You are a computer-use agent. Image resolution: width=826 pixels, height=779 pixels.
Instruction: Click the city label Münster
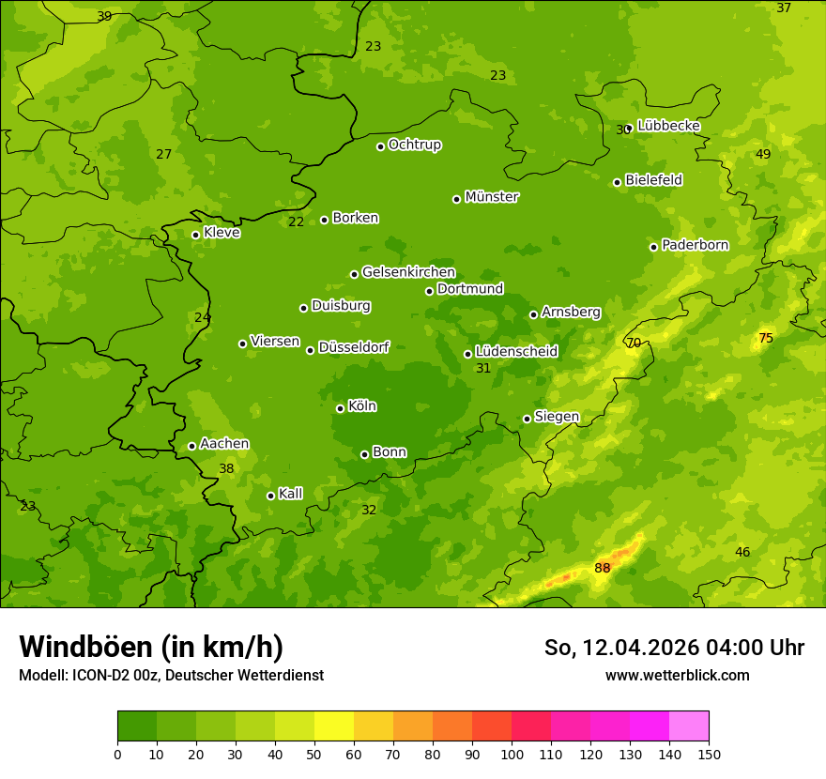(492, 197)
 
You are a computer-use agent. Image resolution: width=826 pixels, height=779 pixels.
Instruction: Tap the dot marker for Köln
(340, 408)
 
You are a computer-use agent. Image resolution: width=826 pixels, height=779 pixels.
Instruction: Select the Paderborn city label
(695, 245)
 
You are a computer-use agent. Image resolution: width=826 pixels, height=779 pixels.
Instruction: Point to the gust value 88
(603, 568)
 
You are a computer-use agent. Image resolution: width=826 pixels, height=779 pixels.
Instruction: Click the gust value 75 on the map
(766, 338)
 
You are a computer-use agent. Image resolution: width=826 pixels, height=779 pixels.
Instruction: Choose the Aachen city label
(224, 444)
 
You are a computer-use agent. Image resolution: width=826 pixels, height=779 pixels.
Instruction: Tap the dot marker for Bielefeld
(618, 182)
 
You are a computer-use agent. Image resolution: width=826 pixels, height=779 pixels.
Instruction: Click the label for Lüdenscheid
(516, 352)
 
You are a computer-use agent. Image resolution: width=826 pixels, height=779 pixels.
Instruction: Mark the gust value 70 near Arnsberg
(634, 344)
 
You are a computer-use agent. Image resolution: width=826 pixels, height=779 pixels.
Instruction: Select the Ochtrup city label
(415, 145)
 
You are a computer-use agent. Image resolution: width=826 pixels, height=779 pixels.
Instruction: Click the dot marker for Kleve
(195, 235)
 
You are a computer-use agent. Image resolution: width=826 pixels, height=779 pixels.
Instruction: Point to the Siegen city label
(557, 417)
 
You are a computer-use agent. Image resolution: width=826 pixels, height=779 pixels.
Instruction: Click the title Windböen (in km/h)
(151, 647)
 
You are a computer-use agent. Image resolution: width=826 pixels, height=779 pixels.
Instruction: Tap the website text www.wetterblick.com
(677, 675)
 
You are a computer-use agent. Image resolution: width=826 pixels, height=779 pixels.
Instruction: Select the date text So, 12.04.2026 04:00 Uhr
(674, 648)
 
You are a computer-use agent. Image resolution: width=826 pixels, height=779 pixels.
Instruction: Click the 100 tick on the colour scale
(512, 753)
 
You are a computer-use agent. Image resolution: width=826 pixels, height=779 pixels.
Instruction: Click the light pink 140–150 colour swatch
(689, 726)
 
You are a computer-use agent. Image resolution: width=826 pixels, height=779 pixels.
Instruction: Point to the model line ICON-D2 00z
(171, 675)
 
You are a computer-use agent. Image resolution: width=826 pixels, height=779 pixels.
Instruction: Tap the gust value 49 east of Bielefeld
(763, 154)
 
